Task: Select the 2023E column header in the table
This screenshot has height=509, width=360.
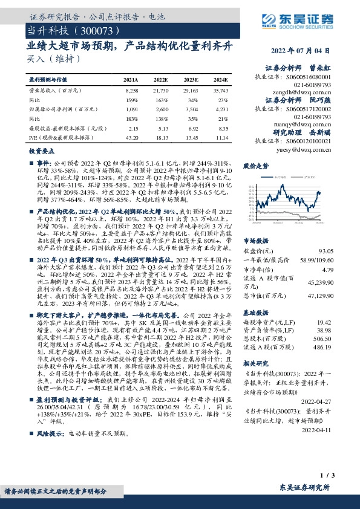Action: coord(190,79)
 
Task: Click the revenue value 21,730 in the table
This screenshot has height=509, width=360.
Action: coord(160,89)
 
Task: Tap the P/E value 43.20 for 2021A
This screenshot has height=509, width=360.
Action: coord(131,138)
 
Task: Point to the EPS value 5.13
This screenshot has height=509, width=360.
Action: coord(160,129)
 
